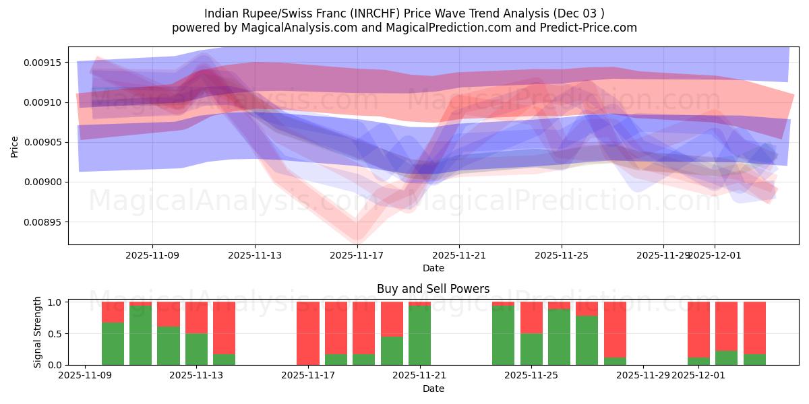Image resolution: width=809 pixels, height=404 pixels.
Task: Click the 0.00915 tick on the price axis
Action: pyautogui.click(x=43, y=63)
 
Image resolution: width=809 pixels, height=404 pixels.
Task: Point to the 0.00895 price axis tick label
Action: pyautogui.click(x=43, y=222)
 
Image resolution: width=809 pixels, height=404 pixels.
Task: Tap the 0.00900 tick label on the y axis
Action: pyautogui.click(x=43, y=182)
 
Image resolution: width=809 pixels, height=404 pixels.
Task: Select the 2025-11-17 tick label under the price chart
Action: pyautogui.click(x=357, y=255)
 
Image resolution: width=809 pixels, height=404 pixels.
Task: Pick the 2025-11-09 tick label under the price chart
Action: pyautogui.click(x=152, y=255)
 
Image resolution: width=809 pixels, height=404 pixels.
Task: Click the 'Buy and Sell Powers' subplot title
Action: pyautogui.click(x=433, y=290)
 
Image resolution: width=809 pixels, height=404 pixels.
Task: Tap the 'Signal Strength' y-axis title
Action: pyautogui.click(x=38, y=333)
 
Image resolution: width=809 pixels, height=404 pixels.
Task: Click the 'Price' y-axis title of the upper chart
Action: pyautogui.click(x=15, y=145)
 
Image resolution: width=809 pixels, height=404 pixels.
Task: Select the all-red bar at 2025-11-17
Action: pyautogui.click(x=308, y=333)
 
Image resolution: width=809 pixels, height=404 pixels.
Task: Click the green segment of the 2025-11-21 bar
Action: pyautogui.click(x=419, y=335)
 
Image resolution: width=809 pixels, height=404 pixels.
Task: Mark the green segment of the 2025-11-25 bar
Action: pyautogui.click(x=531, y=349)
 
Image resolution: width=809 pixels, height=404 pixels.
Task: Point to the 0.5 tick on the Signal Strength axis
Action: pyautogui.click(x=55, y=334)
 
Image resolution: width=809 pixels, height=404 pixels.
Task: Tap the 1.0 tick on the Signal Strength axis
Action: pyautogui.click(x=55, y=302)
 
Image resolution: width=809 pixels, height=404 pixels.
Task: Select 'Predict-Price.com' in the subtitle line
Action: pyautogui.click(x=591, y=28)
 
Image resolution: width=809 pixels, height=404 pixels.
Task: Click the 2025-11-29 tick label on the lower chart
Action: pyautogui.click(x=643, y=375)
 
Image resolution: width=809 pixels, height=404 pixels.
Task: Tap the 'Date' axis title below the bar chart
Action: pyautogui.click(x=433, y=389)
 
